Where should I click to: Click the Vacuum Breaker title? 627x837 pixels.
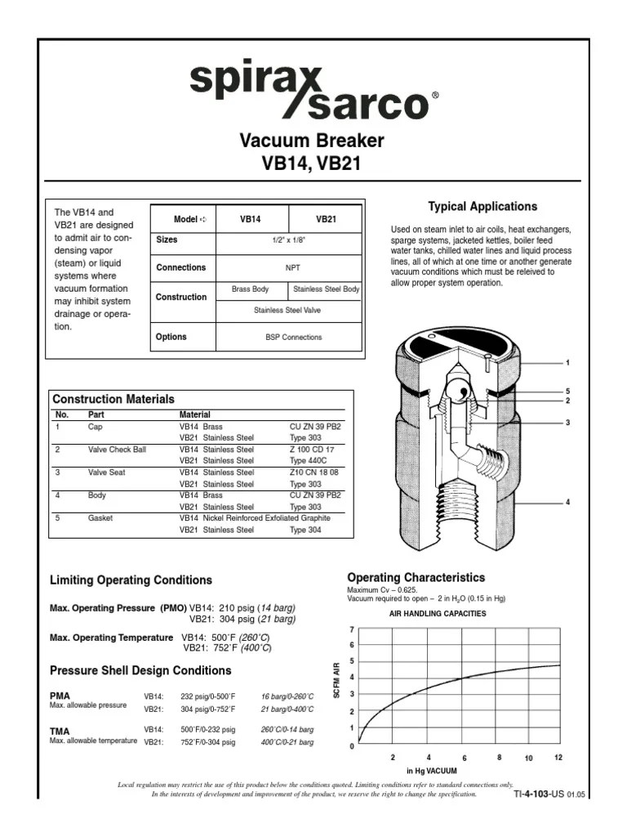311,141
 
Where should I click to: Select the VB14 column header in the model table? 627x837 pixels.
250,220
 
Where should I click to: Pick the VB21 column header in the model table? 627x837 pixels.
327,220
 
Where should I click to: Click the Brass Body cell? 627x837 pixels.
250,289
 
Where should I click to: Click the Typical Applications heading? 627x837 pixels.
483,207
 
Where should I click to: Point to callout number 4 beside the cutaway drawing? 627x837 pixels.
567,502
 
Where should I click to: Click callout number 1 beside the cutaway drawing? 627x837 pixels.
567,361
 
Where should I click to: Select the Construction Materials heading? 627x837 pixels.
113,399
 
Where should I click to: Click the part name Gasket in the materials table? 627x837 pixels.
100,518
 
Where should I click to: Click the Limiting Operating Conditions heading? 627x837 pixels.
131,580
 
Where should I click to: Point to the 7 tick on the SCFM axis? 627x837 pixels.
352,630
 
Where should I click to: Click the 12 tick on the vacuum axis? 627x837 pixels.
558,758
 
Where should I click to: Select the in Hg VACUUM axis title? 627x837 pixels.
432,771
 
